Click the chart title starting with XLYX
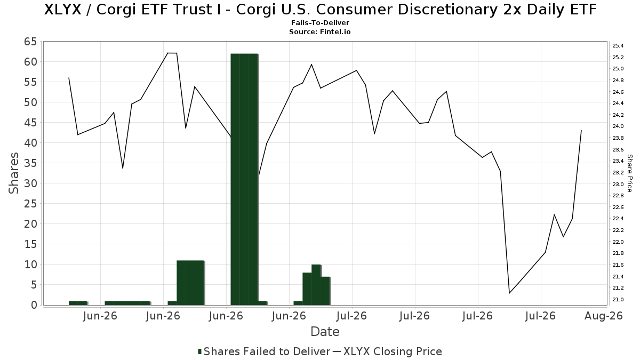pos(320,10)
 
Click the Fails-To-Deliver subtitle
pos(320,22)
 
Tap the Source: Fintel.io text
pos(319,31)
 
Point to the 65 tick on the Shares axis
pos(30,42)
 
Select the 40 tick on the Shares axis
pos(30,143)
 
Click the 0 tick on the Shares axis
pos(34,305)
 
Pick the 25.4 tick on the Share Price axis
pos(618,46)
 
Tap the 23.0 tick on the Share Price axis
pos(618,184)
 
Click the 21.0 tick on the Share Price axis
pos(618,299)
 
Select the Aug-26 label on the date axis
pos(604,316)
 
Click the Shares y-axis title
pos(13,173)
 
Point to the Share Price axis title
pos(629,173)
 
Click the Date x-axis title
pos(325,332)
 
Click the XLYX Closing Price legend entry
pos(387,351)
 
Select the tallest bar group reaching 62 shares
pos(244,179)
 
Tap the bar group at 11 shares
pos(190,283)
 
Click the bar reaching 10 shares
pos(316,285)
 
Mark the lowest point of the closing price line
pos(509,293)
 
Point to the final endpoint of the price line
pos(581,131)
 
